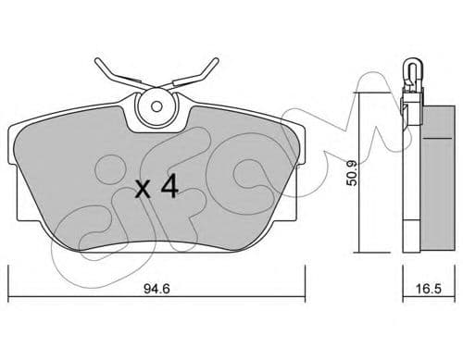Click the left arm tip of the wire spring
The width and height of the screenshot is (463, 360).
95,63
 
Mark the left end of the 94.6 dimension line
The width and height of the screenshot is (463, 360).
8,275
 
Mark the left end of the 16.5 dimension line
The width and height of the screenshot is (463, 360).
403,275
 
